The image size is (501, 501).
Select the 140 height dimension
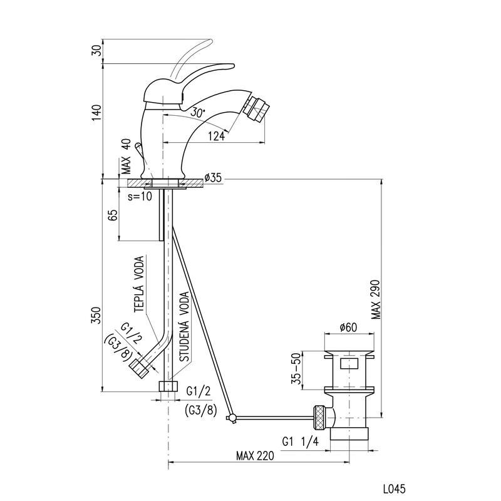point(96,113)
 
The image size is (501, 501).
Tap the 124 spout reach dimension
point(216,137)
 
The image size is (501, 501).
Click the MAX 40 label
point(126,157)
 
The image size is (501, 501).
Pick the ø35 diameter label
point(214,178)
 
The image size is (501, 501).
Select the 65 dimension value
point(113,216)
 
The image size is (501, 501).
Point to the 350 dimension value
point(96,314)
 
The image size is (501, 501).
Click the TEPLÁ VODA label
point(140,283)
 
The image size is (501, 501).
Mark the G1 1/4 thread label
point(301,441)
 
